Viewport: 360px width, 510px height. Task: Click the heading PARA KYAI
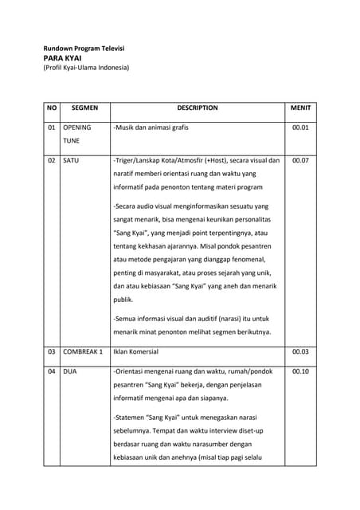click(x=63, y=59)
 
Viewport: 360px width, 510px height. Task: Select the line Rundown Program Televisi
click(x=84, y=49)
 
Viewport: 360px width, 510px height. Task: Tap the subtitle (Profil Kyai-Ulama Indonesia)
click(x=86, y=69)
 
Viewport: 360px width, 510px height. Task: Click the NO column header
click(x=53, y=108)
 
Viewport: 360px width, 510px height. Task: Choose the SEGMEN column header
click(x=84, y=108)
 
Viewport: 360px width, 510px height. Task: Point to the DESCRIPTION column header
click(x=197, y=108)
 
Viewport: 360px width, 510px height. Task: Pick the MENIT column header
click(x=300, y=108)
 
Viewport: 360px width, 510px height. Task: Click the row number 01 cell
click(x=53, y=127)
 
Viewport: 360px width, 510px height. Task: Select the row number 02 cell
click(x=53, y=160)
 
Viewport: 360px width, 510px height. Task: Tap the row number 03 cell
click(x=53, y=351)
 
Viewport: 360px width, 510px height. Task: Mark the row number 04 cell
click(x=53, y=371)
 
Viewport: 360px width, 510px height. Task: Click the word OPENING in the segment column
click(x=76, y=127)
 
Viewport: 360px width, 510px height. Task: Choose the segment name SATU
click(x=71, y=160)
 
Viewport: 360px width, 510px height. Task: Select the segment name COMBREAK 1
click(x=84, y=351)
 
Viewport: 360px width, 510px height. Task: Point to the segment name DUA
click(x=70, y=371)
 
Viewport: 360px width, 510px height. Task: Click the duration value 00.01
click(x=300, y=127)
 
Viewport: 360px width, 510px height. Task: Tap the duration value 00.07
click(x=300, y=160)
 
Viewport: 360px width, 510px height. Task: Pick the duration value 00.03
click(x=300, y=351)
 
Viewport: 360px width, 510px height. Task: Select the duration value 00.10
click(x=300, y=371)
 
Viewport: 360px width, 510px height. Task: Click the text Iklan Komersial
click(x=136, y=351)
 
